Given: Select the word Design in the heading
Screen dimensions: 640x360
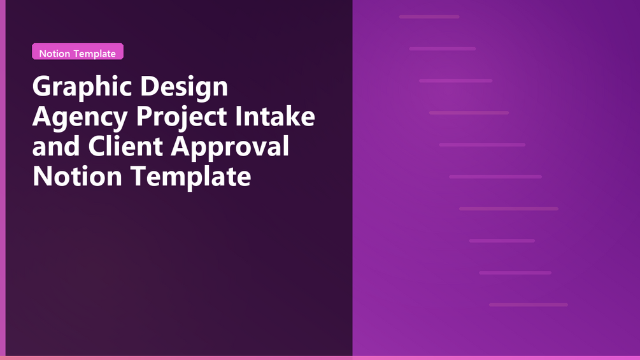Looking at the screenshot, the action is pyautogui.click(x=184, y=87).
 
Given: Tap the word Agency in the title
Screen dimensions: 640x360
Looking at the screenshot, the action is pyautogui.click(x=80, y=117).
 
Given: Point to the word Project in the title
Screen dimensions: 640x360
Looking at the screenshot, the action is pyautogui.click(x=181, y=117).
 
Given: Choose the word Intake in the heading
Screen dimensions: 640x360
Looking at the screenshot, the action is pyautogui.click(x=275, y=116).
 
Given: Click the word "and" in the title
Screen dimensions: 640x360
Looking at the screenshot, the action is pyautogui.click(x=56, y=146).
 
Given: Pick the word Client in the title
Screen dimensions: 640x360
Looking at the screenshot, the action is pyautogui.click(x=125, y=146).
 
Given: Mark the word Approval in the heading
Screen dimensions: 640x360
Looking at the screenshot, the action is pyautogui.click(x=230, y=148).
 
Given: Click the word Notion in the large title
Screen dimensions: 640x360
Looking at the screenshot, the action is pyautogui.click(x=77, y=176).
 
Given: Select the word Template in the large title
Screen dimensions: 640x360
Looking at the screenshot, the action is pyautogui.click(x=190, y=178).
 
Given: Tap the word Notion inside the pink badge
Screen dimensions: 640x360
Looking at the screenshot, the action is pyautogui.click(x=55, y=54).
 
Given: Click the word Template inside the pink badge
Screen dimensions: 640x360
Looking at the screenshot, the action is pyautogui.click(x=94, y=54).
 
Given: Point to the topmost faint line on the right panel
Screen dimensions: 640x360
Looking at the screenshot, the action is pyautogui.click(x=429, y=17).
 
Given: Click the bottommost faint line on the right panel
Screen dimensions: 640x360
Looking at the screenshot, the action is pyautogui.click(x=529, y=305).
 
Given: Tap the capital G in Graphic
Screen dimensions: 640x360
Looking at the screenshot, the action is pyautogui.click(x=41, y=86).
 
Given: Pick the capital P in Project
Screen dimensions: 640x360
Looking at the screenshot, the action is pyautogui.click(x=145, y=116).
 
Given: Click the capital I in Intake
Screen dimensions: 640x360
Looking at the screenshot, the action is pyautogui.click(x=238, y=116).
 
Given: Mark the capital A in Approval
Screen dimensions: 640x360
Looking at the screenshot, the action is pyautogui.click(x=181, y=146).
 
